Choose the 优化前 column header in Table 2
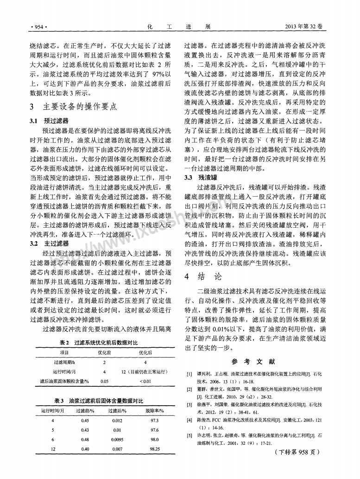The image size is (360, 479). pos(104,352)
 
